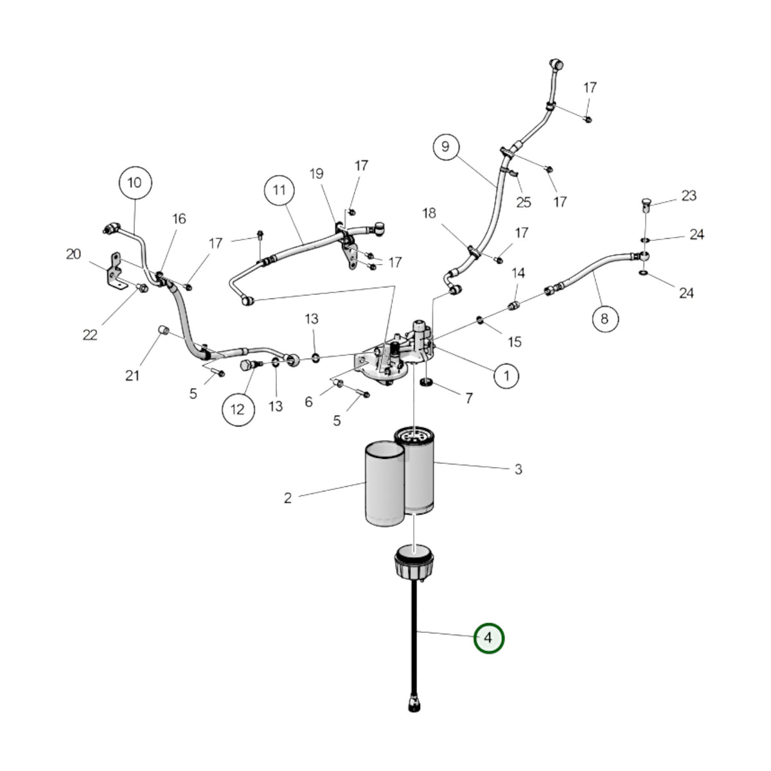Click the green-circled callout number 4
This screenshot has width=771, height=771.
coord(488,638)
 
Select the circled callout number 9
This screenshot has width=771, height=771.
coord(446,147)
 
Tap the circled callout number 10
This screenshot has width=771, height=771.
coord(135,183)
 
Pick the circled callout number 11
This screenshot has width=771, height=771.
coord(279,190)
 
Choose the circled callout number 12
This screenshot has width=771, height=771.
coord(238,409)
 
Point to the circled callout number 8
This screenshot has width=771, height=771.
coord(605,319)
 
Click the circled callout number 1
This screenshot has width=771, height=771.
coord(506,376)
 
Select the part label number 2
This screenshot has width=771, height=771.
coord(288,498)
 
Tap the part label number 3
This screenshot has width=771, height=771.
coord(518,469)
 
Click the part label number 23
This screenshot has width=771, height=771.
coord(689,196)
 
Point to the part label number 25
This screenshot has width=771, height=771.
coord(524,202)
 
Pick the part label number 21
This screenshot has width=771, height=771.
coord(132,375)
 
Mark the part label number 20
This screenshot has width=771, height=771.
coord(74,254)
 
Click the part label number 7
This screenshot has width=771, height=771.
coord(469,398)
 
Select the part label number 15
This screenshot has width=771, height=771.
coord(515,342)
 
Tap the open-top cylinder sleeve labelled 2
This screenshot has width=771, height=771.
coord(384,484)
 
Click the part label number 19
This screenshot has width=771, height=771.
coord(317,173)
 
